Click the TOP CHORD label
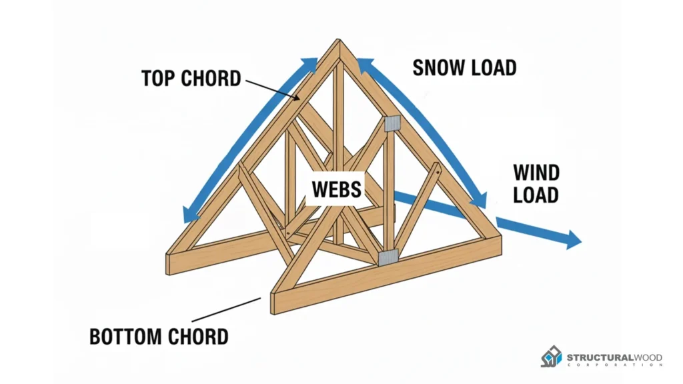[x=191, y=78]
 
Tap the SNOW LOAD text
[x=464, y=67]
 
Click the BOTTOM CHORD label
[x=159, y=336]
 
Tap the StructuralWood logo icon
[x=552, y=357]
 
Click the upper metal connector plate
[x=392, y=123]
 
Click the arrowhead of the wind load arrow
[x=574, y=239]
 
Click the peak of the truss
[x=339, y=43]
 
